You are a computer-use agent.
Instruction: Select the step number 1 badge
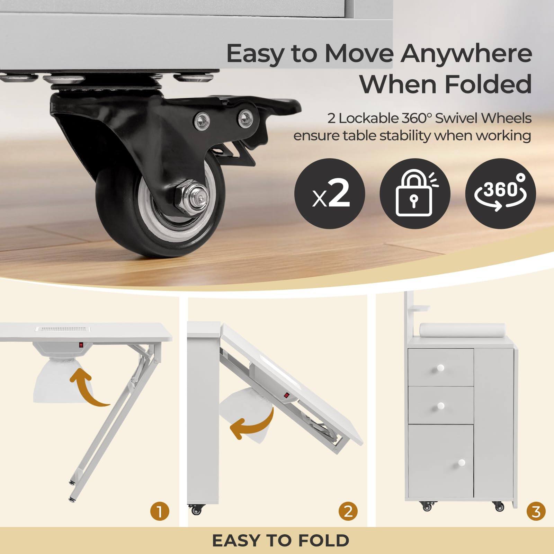point(160,511)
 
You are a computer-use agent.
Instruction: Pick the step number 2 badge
point(348,511)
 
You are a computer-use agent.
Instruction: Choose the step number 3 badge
point(536,511)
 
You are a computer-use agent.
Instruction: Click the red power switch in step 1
point(81,345)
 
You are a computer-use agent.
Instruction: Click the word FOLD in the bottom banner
point(323,540)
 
